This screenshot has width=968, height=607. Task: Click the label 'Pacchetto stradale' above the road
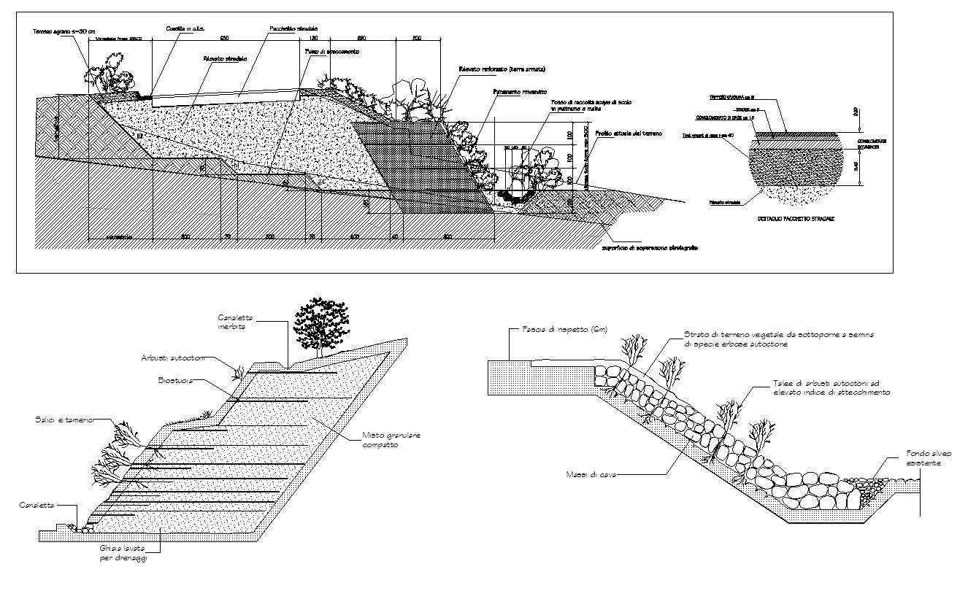[294, 28]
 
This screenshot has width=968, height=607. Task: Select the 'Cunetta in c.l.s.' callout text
[185, 28]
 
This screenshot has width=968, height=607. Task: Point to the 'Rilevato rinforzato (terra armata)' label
[502, 69]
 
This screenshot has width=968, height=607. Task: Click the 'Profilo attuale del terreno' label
[620, 134]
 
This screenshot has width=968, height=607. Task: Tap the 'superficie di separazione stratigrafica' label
[649, 248]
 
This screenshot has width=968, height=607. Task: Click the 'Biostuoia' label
[175, 380]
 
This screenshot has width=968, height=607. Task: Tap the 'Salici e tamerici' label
[65, 420]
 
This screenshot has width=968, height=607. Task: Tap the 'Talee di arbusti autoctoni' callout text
[831, 387]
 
